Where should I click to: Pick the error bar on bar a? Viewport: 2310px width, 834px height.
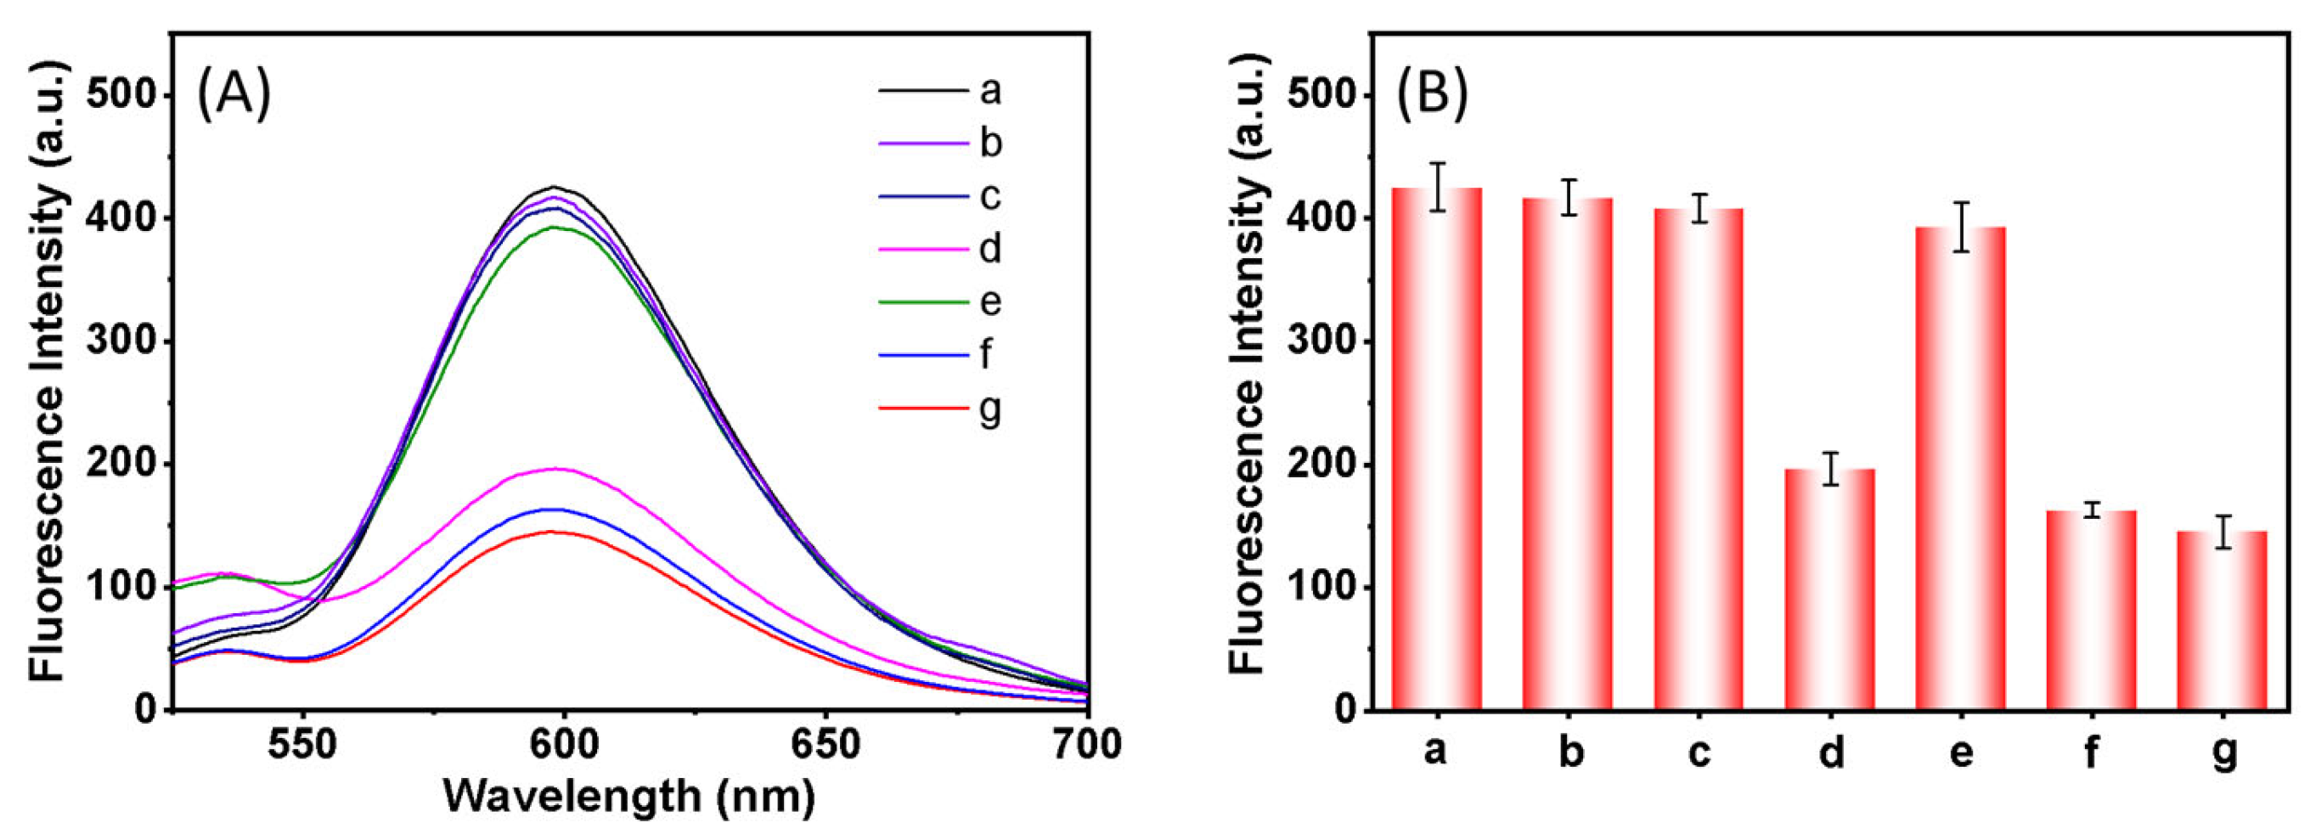coord(1438,187)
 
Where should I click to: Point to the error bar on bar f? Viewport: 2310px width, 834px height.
coord(2092,510)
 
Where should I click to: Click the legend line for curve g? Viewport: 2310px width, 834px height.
coord(924,408)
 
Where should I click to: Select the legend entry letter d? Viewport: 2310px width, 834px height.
coord(989,248)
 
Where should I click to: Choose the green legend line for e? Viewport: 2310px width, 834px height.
coord(924,302)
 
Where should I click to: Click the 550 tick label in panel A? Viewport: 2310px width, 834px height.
coord(303,744)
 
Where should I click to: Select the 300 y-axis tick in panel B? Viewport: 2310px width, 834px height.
coord(1317,341)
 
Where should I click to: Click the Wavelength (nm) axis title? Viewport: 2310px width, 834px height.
coord(629,796)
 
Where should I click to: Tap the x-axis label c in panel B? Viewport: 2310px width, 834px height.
coord(1699,752)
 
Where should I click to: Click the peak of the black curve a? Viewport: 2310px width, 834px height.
coord(555,188)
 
